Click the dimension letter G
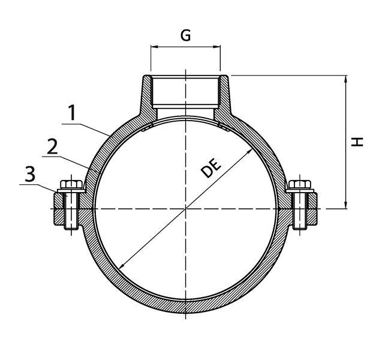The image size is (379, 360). [185, 35]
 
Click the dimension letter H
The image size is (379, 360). [357, 142]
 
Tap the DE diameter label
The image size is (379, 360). [211, 168]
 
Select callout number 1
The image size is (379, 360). [72, 113]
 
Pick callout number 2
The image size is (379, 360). [52, 146]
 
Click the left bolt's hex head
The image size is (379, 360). [71, 184]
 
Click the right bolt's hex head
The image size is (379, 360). [300, 184]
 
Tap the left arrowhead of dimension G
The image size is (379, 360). [154, 46]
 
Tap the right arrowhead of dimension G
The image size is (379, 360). [217, 46]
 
